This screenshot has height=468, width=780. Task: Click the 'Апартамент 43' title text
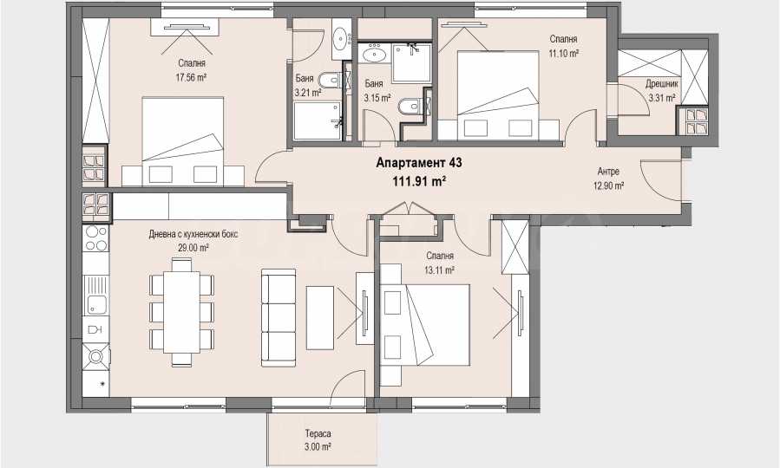click(419, 162)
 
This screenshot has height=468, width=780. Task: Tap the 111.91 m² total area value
click(419, 182)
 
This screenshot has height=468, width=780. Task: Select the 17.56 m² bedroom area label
click(191, 77)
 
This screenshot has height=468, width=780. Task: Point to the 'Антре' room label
click(608, 172)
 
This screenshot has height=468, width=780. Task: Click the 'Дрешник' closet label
click(662, 84)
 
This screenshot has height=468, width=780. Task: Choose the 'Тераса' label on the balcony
click(318, 433)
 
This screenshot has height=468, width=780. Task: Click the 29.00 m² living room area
click(193, 247)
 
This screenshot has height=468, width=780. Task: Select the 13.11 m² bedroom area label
click(440, 270)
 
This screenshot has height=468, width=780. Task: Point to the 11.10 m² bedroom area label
click(563, 53)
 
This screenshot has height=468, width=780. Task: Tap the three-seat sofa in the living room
click(279, 318)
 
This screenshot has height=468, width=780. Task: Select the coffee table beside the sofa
click(319, 318)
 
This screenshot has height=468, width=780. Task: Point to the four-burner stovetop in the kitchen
click(96, 238)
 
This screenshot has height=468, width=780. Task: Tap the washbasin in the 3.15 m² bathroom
click(373, 53)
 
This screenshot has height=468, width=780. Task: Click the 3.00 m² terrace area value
click(318, 446)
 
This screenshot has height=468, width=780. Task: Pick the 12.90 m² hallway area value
click(608, 185)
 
